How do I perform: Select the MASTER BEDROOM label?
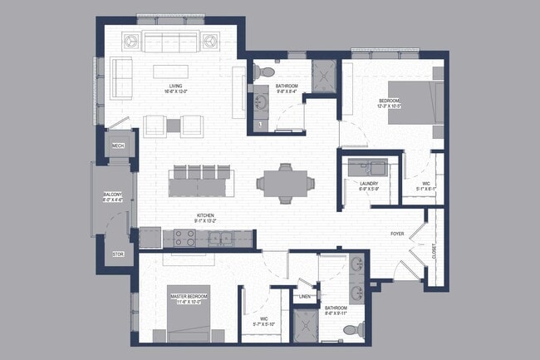(189, 297)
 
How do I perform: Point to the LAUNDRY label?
(370, 185)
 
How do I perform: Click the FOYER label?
(398, 234)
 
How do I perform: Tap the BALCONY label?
(112, 197)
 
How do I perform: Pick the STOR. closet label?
(117, 254)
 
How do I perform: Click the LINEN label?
(306, 297)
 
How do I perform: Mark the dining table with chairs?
(281, 182)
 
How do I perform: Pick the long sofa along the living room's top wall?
(170, 41)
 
